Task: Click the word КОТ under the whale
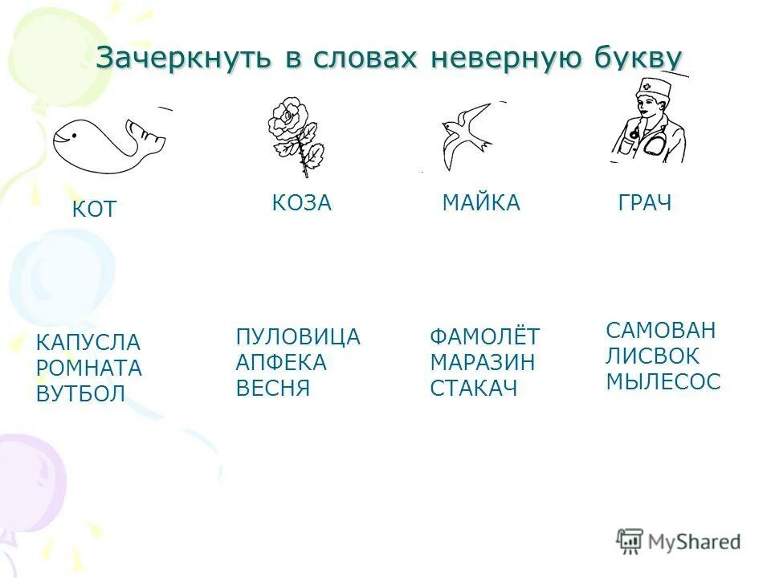tap(94, 210)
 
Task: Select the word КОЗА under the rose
tap(301, 203)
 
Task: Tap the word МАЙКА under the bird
tap(481, 203)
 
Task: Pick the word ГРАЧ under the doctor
tap(644, 203)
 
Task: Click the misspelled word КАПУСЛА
tap(88, 343)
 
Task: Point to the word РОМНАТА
tap(89, 368)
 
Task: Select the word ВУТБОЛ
tap(81, 394)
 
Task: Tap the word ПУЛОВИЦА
tap(298, 337)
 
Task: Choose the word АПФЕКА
tap(281, 363)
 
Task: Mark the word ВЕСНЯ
tap(273, 389)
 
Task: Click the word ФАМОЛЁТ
tap(485, 337)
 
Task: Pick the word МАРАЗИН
tap(482, 363)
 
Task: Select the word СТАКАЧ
tap(474, 389)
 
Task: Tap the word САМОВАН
tap(660, 330)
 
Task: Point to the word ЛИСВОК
tap(653, 356)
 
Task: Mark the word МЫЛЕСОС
tap(663, 381)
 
